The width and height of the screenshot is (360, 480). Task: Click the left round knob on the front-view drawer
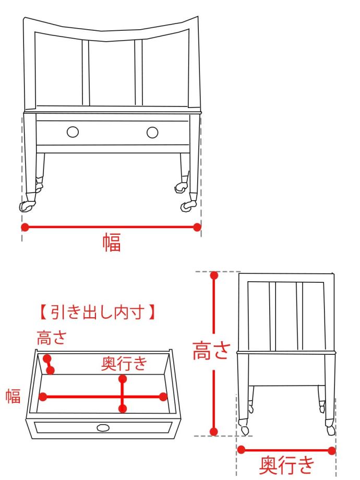click(x=73, y=132)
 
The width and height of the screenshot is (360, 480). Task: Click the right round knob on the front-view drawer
click(x=152, y=133)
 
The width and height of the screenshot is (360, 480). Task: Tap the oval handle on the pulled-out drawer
click(x=103, y=427)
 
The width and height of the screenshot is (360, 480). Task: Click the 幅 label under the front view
click(x=112, y=242)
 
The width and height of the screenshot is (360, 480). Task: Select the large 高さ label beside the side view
click(x=211, y=351)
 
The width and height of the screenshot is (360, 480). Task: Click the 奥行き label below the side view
click(x=287, y=465)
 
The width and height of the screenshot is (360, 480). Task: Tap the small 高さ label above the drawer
click(x=52, y=338)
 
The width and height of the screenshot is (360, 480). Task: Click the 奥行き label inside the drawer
click(x=124, y=363)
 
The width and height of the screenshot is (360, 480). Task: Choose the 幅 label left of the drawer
click(x=13, y=395)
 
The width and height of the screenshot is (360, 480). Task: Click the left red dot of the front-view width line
click(x=25, y=227)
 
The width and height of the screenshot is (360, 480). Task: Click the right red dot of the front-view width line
click(x=197, y=227)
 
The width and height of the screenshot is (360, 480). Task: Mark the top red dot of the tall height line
click(x=214, y=275)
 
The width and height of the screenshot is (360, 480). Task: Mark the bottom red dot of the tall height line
click(x=214, y=431)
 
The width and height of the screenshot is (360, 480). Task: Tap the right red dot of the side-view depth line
click(x=331, y=451)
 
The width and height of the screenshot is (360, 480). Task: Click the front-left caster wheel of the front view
click(x=26, y=207)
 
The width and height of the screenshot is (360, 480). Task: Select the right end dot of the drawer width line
click(x=163, y=397)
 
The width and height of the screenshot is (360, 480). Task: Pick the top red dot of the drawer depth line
click(x=123, y=379)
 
